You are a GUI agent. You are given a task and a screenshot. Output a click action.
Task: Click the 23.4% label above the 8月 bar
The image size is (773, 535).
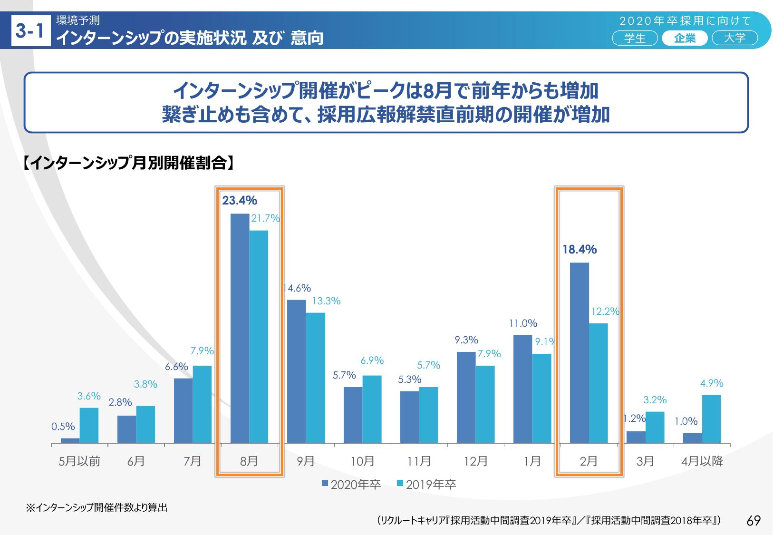coord(240,201)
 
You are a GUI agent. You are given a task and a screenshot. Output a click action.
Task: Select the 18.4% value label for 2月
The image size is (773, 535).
coord(580,250)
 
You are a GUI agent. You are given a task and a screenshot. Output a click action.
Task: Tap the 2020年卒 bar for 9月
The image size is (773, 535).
coord(296,371)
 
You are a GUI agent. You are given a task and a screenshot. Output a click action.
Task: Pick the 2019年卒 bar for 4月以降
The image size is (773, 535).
coord(711,419)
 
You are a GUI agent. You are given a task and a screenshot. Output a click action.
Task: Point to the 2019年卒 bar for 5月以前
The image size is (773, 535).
coord(89,425)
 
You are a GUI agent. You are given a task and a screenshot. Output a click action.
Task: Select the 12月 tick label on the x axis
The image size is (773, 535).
coord(475,461)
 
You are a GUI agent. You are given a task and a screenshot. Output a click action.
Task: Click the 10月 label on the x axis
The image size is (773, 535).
coord(362,461)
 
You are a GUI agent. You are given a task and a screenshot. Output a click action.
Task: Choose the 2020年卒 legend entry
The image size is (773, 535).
coord(351,485)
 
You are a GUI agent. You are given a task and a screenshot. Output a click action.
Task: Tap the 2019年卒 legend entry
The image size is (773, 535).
coord(426,485)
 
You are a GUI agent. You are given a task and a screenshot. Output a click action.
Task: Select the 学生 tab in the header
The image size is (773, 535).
coord(635,38)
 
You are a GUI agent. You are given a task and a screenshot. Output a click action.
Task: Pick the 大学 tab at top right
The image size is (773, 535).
coord(734,38)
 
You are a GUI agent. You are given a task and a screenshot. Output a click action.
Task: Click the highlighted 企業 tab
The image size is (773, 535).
coord(685,38)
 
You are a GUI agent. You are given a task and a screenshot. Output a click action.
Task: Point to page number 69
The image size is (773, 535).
coord(754,521)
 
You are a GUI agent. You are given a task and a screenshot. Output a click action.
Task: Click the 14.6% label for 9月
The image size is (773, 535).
coord(297,288)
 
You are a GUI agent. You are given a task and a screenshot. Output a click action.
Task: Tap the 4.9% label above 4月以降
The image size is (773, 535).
coord(711,383)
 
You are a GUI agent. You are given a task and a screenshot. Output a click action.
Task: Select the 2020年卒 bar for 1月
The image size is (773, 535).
coord(522,389)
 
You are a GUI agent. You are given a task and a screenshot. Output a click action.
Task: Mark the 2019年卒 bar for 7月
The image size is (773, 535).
coord(202,404)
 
